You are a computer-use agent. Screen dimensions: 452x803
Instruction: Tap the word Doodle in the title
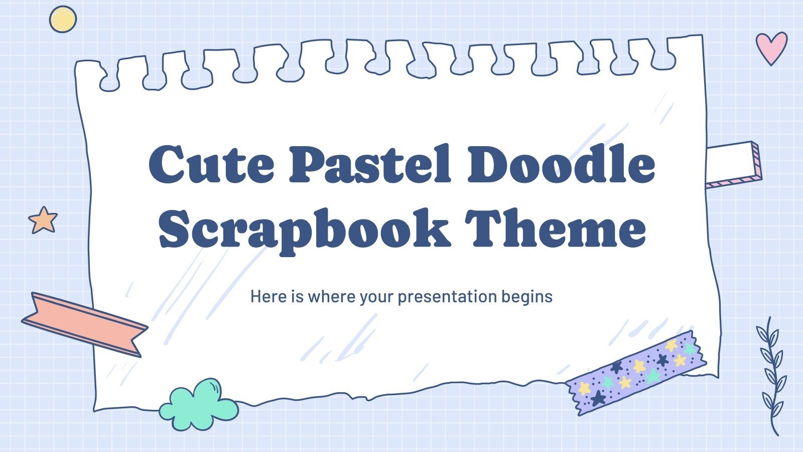[561, 164]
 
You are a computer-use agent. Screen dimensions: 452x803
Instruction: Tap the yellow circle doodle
[63, 20]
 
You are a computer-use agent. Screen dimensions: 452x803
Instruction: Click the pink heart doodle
[771, 47]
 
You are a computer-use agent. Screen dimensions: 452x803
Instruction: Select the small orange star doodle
[43, 220]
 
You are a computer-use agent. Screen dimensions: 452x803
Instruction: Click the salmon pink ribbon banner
[84, 324]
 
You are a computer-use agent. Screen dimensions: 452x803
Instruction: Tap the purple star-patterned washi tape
[636, 372]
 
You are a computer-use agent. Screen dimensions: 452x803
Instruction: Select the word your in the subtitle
[376, 297]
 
